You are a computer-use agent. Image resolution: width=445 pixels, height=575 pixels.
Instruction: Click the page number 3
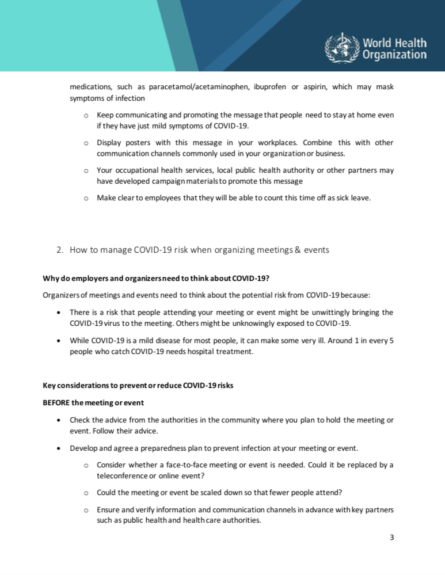pos(392,538)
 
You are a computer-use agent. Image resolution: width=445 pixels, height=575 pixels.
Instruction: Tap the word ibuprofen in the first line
pos(270,87)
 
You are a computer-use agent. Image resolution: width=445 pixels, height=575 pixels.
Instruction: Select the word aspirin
pos(319,87)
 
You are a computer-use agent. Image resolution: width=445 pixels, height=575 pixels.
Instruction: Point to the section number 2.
pos(59,250)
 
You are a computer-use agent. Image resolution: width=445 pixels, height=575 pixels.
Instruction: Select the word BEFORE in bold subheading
pos(56,402)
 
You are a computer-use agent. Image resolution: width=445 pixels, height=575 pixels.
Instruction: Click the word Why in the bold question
pos(50,279)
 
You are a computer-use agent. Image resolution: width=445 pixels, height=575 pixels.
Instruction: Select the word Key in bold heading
pos(49,386)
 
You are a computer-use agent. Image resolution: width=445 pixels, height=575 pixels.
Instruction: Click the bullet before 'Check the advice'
pos(60,420)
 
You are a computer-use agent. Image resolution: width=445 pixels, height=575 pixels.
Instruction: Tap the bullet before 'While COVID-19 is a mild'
pos(60,340)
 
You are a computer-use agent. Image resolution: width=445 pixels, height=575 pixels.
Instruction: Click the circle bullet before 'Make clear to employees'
pos(85,198)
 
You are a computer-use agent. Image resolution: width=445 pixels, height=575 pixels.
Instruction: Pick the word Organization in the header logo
pos(394,55)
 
